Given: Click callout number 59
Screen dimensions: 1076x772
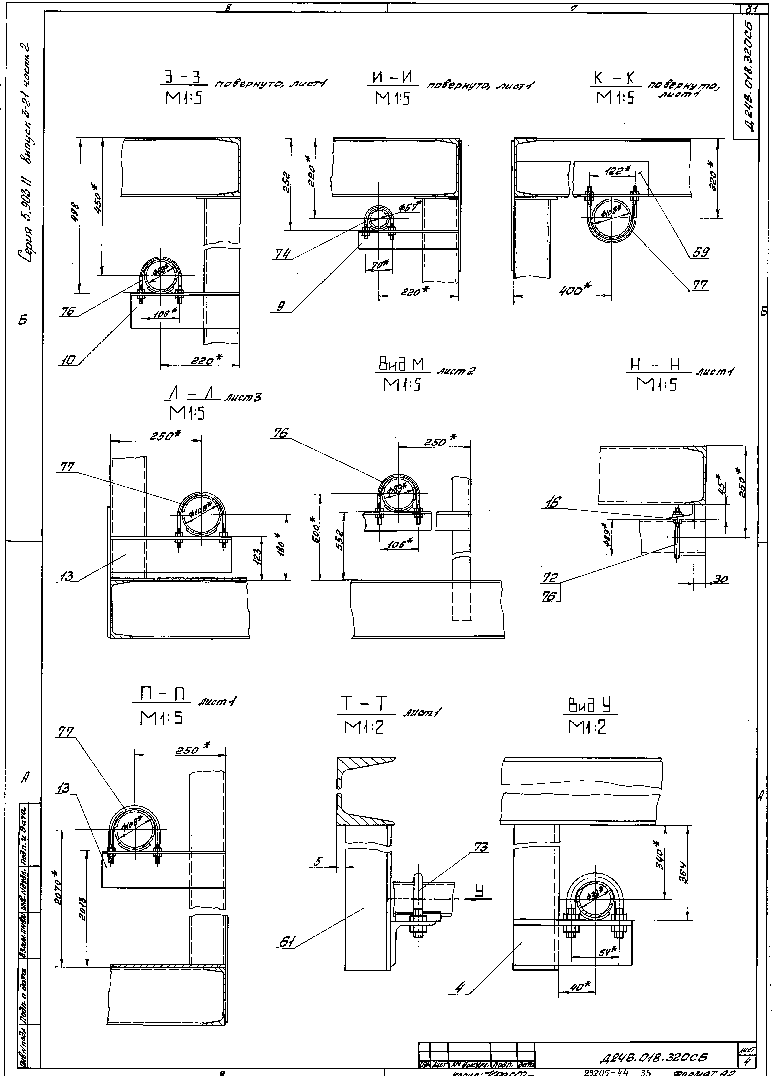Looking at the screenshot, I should coord(699,252).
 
